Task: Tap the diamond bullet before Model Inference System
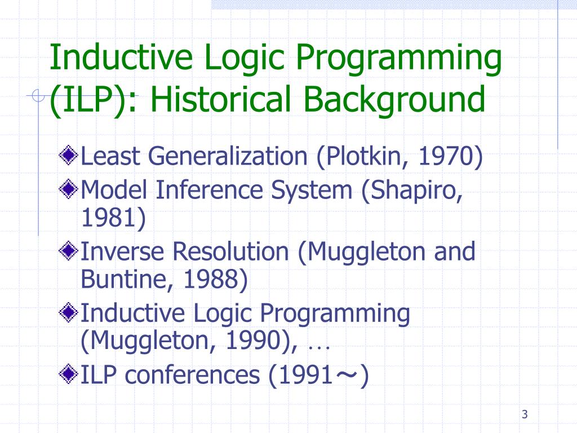(69, 189)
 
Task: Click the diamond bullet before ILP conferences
(69, 373)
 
